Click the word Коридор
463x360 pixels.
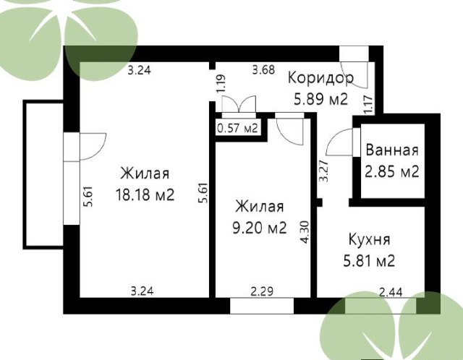(320, 78)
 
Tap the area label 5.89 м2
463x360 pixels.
(321, 99)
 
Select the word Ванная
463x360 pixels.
(392, 150)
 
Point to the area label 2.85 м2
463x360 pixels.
(392, 171)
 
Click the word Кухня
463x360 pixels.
(370, 239)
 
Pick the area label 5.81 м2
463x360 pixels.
(369, 261)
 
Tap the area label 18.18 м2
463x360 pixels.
(145, 194)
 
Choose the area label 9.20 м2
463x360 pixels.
(260, 228)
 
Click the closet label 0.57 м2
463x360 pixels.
(238, 129)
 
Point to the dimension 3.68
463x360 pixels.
(263, 70)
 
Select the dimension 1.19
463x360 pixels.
(221, 83)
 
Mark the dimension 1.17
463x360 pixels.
(368, 105)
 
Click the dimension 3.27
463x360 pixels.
(324, 171)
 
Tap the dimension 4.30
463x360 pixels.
(305, 232)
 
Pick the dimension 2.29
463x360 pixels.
(262, 291)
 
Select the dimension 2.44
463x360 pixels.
(391, 293)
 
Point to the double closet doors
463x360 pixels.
(239, 104)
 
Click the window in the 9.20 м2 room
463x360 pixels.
(262, 306)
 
